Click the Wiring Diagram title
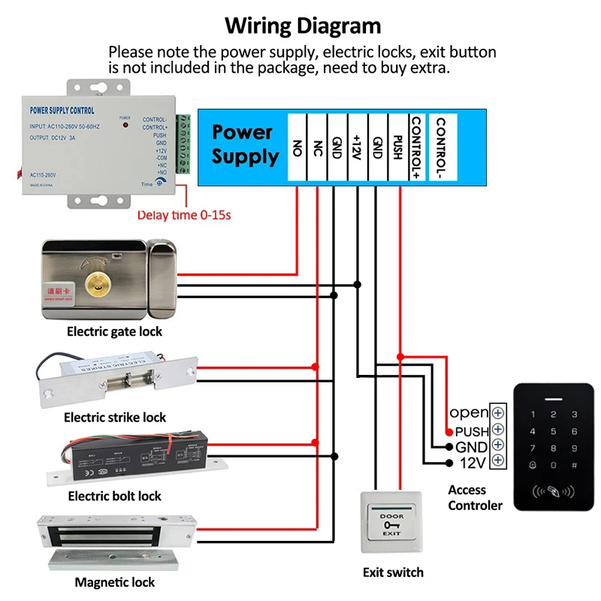[x=304, y=26]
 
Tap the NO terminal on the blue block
[x=297, y=147]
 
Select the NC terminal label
[x=317, y=147]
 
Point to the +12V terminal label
[x=358, y=147]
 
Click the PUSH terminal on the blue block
[x=398, y=147]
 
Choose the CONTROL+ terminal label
[x=415, y=147]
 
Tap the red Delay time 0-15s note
[x=183, y=216]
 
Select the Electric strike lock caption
[x=115, y=417]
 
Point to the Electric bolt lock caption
[x=115, y=496]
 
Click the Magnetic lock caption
[x=115, y=582]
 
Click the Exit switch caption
[x=393, y=572]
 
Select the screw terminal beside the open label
[x=497, y=412]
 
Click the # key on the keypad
[x=574, y=467]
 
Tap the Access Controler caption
[x=475, y=497]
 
